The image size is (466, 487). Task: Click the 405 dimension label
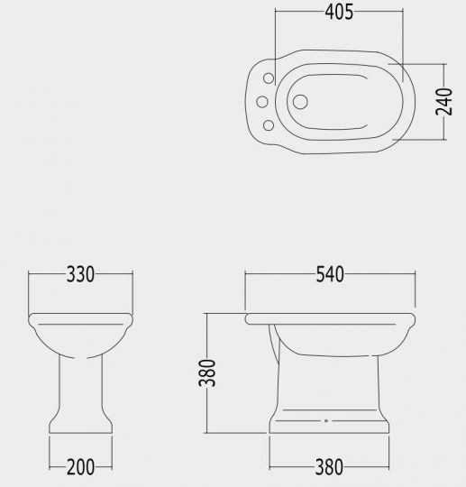(339, 12)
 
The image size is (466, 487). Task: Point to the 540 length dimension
(330, 275)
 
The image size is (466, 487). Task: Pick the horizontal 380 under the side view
(329, 466)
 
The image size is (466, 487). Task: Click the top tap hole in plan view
(268, 78)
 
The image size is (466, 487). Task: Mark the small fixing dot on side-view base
(324, 421)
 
